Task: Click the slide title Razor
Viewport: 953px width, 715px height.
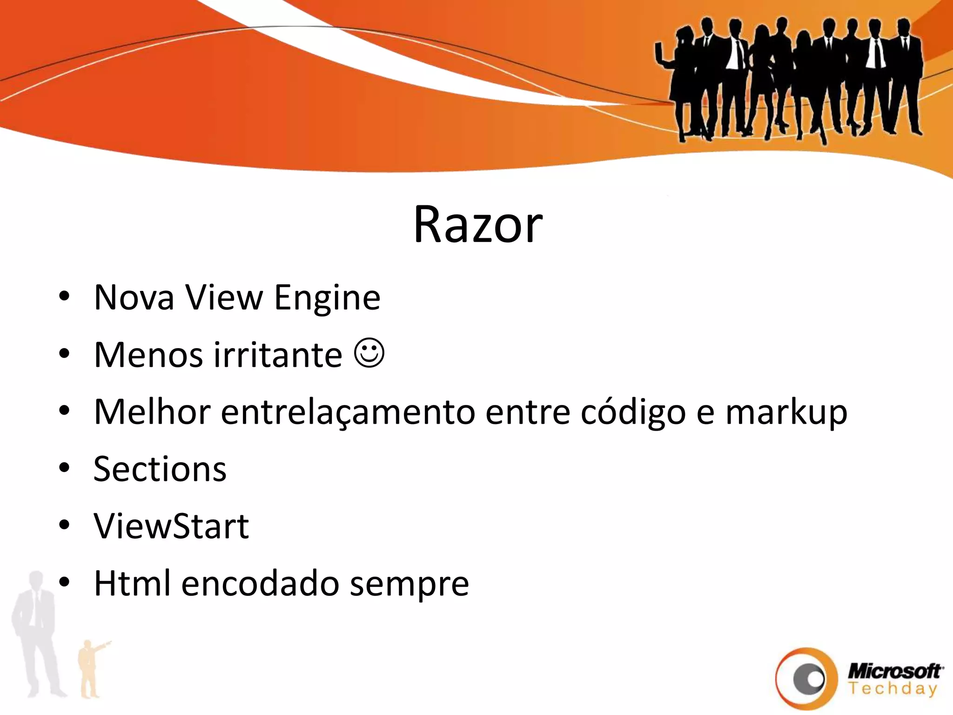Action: pos(478,225)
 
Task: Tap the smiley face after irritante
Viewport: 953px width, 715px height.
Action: pos(369,353)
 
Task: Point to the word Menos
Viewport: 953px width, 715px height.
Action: pos(148,355)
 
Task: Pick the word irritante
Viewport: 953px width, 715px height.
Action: pos(278,355)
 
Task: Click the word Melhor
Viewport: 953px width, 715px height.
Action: pos(152,412)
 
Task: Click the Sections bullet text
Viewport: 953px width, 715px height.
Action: pos(160,469)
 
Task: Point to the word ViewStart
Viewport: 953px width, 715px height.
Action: pos(171,526)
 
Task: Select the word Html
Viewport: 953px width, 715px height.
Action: pos(132,583)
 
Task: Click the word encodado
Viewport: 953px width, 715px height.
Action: pos(260,584)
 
